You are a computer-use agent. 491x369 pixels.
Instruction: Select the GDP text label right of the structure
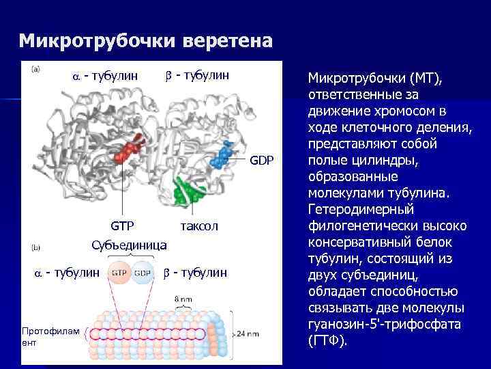pos(261,161)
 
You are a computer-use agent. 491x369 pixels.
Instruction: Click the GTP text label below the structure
pos(123,225)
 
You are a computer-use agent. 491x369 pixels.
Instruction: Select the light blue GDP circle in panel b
pos(143,272)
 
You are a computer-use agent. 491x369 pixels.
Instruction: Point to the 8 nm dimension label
pos(182,299)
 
